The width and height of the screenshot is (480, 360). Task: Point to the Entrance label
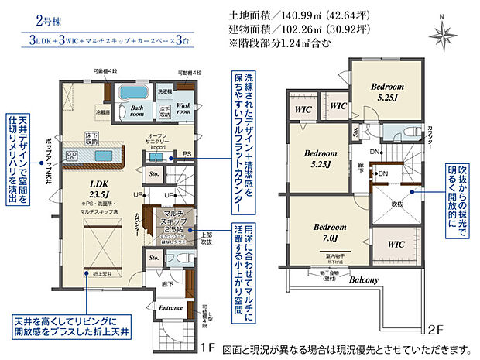click(x=170, y=307)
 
